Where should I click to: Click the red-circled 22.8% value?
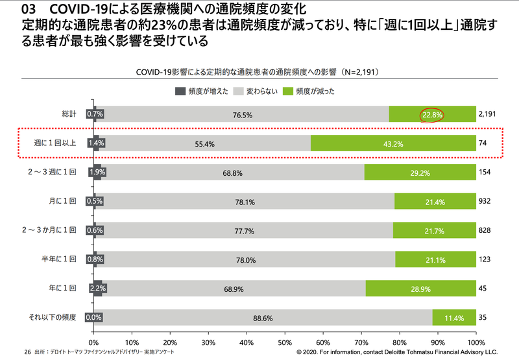pyautogui.click(x=431, y=115)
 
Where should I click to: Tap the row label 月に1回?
pyautogui.click(x=64, y=202)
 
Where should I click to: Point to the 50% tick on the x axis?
pyautogui.click(x=285, y=342)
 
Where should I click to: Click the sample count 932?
pyautogui.click(x=484, y=202)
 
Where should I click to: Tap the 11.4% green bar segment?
pyautogui.click(x=454, y=318)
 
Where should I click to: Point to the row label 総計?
pyautogui.click(x=69, y=115)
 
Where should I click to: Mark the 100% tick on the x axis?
pyautogui.click(x=476, y=342)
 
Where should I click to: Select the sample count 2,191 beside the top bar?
pyautogui.click(x=487, y=115)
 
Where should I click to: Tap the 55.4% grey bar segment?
pyautogui.click(x=205, y=143)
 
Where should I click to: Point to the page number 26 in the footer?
pyautogui.click(x=27, y=351)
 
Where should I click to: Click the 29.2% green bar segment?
pyautogui.click(x=420, y=173)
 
